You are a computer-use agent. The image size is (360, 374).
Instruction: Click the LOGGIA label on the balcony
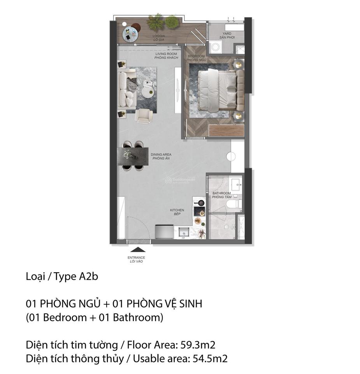coord(158,36)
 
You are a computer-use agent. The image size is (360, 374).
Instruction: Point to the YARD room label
coord(227,34)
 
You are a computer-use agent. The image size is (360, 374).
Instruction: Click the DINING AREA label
coord(161,155)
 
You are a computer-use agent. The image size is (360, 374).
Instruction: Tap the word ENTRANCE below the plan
coord(136,258)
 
